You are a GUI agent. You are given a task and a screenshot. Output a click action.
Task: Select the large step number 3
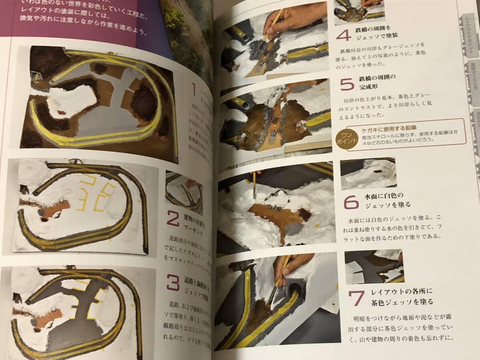point(173,283)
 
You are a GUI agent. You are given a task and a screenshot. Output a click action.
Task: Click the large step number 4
point(344,36)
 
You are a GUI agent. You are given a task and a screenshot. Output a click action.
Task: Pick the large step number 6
point(351,204)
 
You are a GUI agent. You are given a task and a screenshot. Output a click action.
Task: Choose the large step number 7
point(356,298)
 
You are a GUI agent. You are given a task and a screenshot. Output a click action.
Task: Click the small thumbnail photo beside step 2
point(184,193)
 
